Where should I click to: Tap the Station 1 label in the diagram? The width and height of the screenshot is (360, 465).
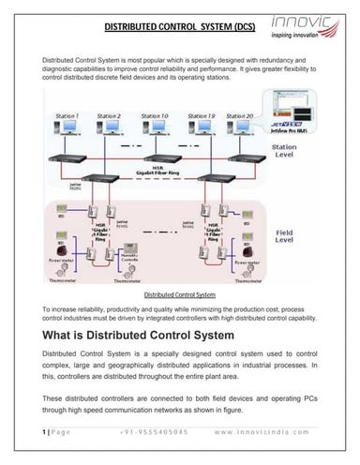tap(67, 115)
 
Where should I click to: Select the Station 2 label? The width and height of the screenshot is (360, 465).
tap(109, 115)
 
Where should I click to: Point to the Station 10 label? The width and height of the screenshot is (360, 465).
tap(155, 115)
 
